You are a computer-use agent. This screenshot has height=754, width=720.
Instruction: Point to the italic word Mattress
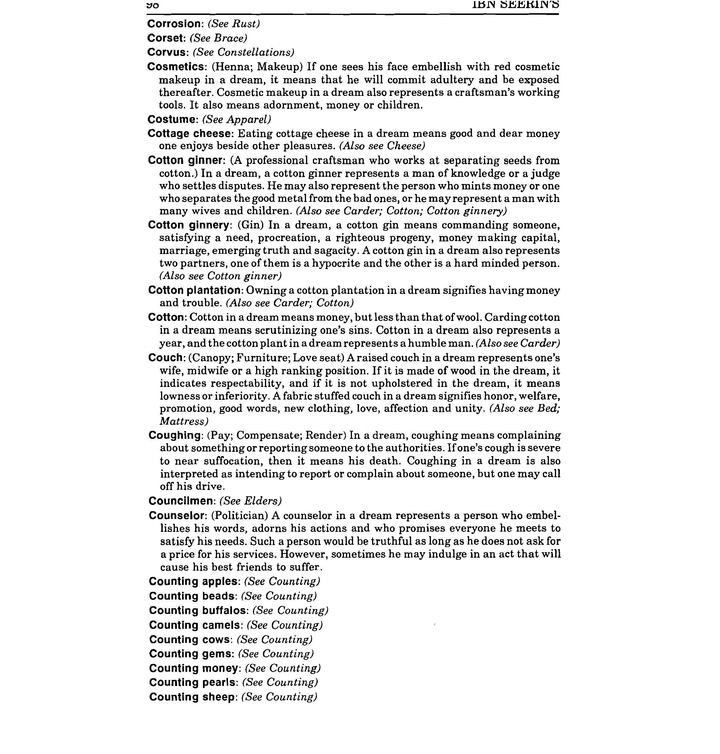click(183, 421)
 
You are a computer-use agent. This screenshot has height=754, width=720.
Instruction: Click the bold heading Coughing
click(175, 435)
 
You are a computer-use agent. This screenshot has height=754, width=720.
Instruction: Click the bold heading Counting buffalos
click(198, 610)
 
